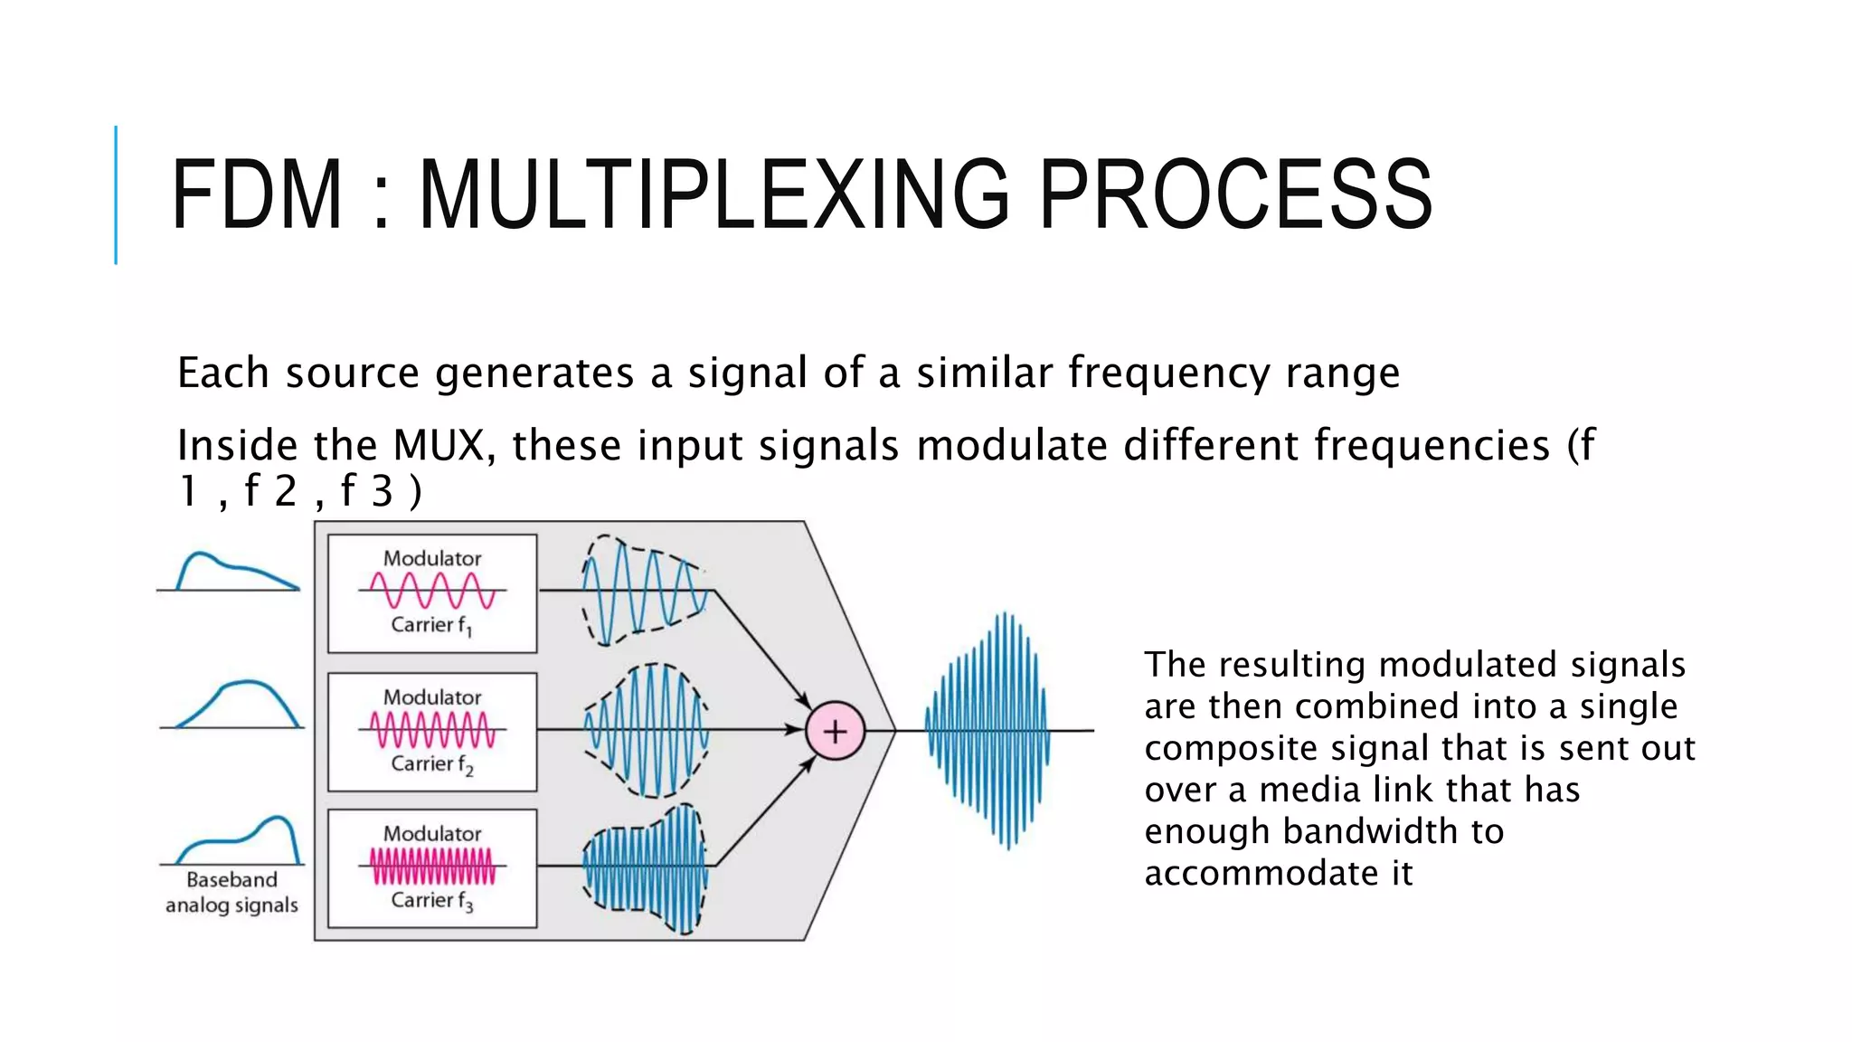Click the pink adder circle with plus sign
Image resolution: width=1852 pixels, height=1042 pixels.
pyautogui.click(x=835, y=731)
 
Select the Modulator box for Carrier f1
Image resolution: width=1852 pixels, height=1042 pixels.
pyautogui.click(x=432, y=593)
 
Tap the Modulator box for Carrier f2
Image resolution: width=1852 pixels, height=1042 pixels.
pyautogui.click(x=432, y=732)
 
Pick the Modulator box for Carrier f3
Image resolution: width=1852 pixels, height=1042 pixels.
pyautogui.click(x=432, y=868)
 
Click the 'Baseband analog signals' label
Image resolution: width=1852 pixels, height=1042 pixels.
pyautogui.click(x=231, y=892)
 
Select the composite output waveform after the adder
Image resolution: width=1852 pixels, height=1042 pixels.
pyautogui.click(x=987, y=731)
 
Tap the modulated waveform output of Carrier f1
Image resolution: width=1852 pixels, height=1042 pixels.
pyautogui.click(x=642, y=590)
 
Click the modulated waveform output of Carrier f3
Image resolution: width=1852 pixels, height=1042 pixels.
pyautogui.click(x=644, y=867)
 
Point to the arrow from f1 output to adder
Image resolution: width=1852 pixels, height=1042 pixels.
pyautogui.click(x=762, y=648)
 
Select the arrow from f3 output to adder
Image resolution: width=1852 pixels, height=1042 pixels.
pyautogui.click(x=765, y=811)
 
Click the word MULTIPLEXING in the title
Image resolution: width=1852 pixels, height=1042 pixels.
pyautogui.click(x=714, y=194)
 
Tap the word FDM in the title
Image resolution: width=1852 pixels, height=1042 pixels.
pyautogui.click(x=257, y=194)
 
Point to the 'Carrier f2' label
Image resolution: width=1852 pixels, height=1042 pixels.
pyautogui.click(x=431, y=764)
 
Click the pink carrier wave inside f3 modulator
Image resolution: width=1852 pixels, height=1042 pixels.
pyautogui.click(x=432, y=866)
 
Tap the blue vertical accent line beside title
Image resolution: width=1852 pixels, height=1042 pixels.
pyautogui.click(x=116, y=194)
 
